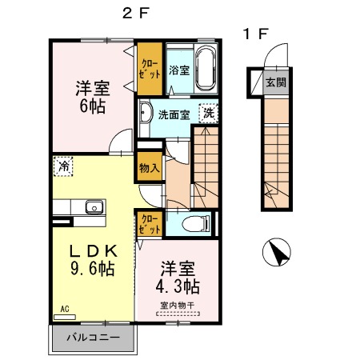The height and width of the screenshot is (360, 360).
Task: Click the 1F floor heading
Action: [256, 34]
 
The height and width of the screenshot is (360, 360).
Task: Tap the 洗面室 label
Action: [173, 114]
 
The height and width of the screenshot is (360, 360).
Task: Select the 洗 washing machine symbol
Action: [208, 114]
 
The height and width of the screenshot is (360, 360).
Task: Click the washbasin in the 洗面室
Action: [146, 112]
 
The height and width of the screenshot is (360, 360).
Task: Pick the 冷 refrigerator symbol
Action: [62, 167]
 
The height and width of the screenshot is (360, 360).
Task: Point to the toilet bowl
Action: [192, 224]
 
